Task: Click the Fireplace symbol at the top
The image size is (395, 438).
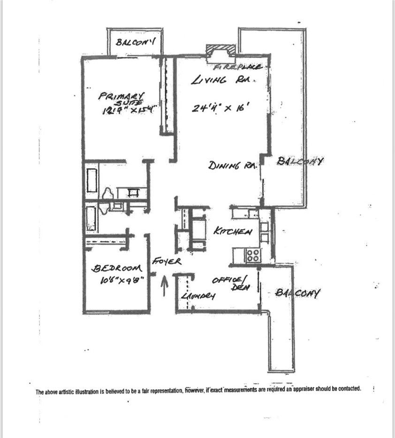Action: (220, 51)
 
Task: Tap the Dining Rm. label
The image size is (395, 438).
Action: (231, 166)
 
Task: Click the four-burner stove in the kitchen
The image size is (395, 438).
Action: (253, 255)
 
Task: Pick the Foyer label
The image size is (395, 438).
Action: (166, 261)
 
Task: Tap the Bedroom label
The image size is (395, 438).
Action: (116, 269)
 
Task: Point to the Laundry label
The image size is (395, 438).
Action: (197, 296)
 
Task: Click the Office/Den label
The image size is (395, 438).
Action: (230, 284)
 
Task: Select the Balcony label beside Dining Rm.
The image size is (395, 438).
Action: (300, 161)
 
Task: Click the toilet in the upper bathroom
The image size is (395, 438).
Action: (107, 194)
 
